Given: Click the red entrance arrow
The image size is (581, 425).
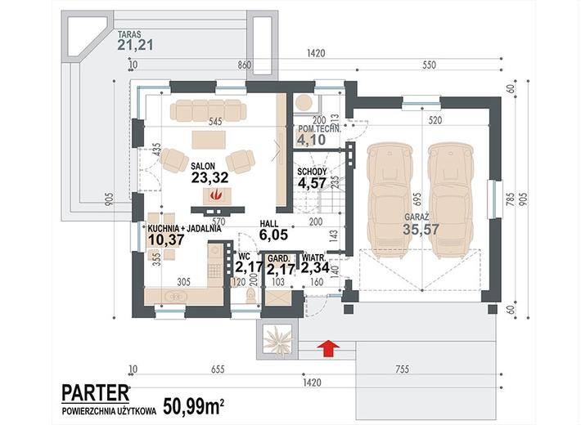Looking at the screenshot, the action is tap(329, 349).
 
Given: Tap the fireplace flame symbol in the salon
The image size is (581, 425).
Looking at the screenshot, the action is tap(214, 195).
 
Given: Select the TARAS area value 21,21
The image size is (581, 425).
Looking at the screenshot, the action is tap(135, 45).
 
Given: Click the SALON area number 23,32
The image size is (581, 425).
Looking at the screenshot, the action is tap(209, 177).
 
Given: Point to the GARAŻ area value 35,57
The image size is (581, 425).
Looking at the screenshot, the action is tap(421, 229).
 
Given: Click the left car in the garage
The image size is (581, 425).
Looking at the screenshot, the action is tap(390, 201).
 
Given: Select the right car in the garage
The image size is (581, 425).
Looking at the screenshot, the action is tap(451, 201).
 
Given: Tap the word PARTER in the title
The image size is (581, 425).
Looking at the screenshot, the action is tap(96, 393).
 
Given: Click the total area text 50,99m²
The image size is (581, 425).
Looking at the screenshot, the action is tap(193, 406).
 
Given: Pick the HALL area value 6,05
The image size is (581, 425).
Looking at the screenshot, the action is tap(274, 235).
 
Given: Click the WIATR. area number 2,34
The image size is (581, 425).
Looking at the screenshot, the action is tap(315, 267).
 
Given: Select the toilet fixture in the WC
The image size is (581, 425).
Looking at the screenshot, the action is tap(251, 296).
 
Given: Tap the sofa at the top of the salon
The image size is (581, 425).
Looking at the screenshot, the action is tap(208, 110).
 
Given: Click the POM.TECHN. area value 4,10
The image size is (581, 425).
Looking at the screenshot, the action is tap(311, 140).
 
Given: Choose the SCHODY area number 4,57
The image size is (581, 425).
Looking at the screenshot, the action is tap(312, 183).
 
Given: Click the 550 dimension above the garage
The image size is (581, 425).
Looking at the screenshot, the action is tap(429, 65).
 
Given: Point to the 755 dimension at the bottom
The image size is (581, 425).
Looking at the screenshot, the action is tap(402, 369).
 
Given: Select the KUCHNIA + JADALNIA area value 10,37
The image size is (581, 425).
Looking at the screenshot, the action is tap(166, 240).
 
